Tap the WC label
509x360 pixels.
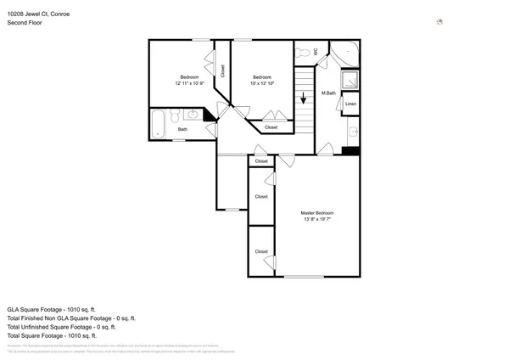click(316, 52)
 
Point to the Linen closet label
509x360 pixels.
click(350, 104)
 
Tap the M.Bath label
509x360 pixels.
click(329, 93)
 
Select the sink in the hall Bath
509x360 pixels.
click(193, 114)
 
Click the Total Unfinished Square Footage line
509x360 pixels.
click(61, 327)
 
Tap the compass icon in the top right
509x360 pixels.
click(439, 22)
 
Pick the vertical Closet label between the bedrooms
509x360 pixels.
click(222, 71)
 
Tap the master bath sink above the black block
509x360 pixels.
click(351, 132)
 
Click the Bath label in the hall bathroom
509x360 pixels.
click(182, 130)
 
